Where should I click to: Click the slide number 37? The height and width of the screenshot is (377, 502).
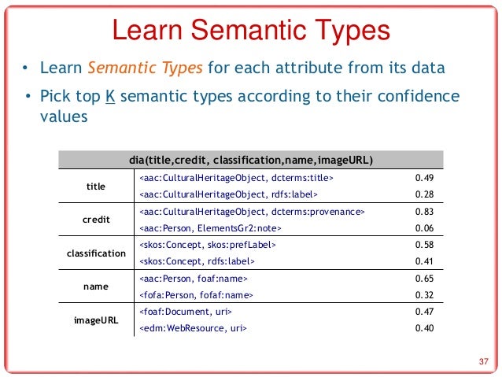tap(484, 362)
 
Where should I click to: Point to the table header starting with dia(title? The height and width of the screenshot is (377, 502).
tap(250, 161)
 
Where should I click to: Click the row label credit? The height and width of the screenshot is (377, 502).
tap(96, 220)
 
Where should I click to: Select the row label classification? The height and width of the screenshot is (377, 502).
tap(96, 253)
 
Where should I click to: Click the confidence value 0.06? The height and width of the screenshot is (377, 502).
tap(424, 228)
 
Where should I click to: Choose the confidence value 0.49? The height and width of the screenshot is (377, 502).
tap(424, 179)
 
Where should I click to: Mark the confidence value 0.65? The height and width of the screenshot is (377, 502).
tap(424, 279)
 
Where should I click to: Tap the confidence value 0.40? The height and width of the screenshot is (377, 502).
tap(424, 328)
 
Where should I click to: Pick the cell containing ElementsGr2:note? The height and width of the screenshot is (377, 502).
tap(210, 228)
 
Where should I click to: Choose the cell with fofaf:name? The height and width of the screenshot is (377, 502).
tap(196, 295)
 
